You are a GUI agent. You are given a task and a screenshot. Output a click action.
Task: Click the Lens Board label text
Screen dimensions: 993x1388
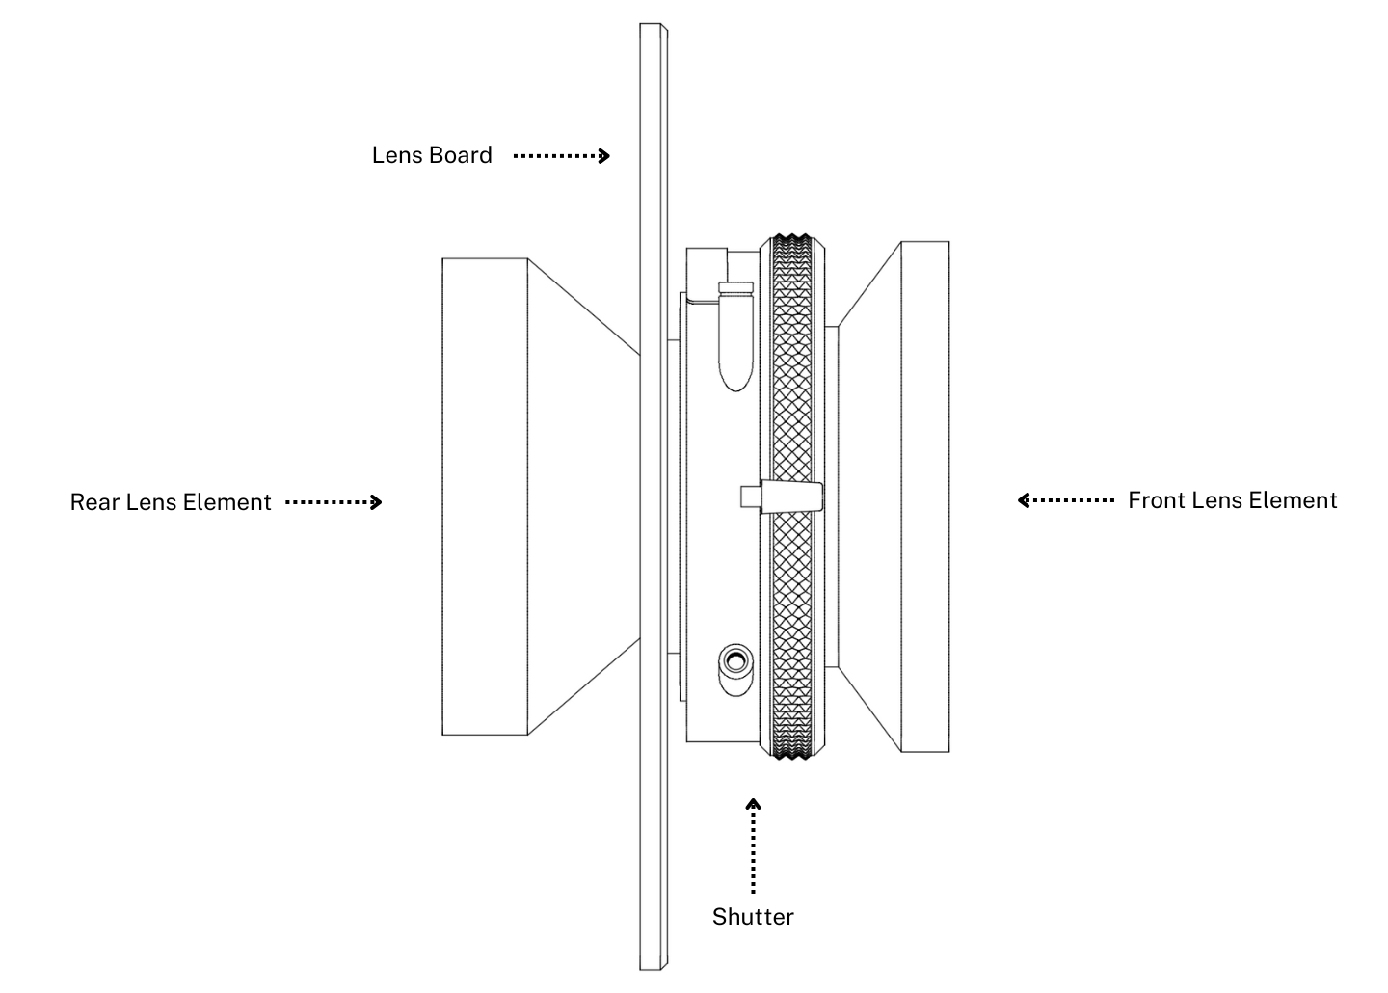coord(432,155)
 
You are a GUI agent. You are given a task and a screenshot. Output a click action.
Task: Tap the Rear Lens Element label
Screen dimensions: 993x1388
coord(171,502)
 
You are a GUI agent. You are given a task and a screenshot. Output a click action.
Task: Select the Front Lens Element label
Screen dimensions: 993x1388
coord(1232,500)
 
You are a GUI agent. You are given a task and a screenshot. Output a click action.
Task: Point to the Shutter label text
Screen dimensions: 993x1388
coord(753,916)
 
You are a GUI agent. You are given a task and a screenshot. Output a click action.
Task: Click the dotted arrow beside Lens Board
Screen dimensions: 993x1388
coord(561,155)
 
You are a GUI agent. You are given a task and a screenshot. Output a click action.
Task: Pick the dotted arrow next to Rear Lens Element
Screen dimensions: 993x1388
coord(334,502)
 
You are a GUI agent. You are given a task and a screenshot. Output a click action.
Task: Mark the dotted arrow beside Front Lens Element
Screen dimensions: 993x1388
coord(1066,500)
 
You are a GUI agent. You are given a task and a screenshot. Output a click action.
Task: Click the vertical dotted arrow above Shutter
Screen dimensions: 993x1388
coord(753,845)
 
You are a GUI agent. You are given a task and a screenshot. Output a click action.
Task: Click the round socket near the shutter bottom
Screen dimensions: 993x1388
coord(736,661)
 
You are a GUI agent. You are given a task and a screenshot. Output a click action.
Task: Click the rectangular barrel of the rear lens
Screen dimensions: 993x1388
coord(485,496)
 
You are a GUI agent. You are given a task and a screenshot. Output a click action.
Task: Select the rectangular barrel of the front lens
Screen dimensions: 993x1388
coord(924,496)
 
